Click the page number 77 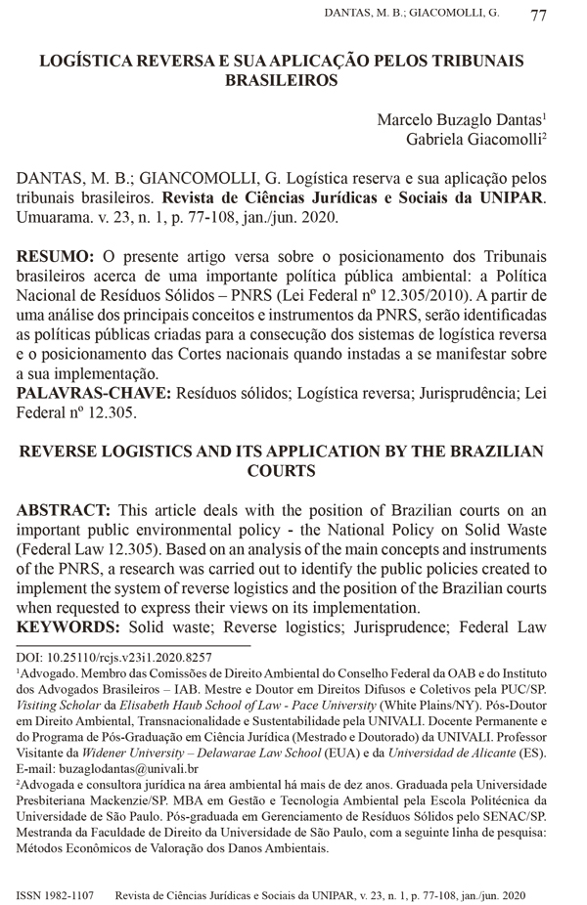coord(538,16)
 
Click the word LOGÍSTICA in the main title coord(87,62)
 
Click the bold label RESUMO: coord(56,257)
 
